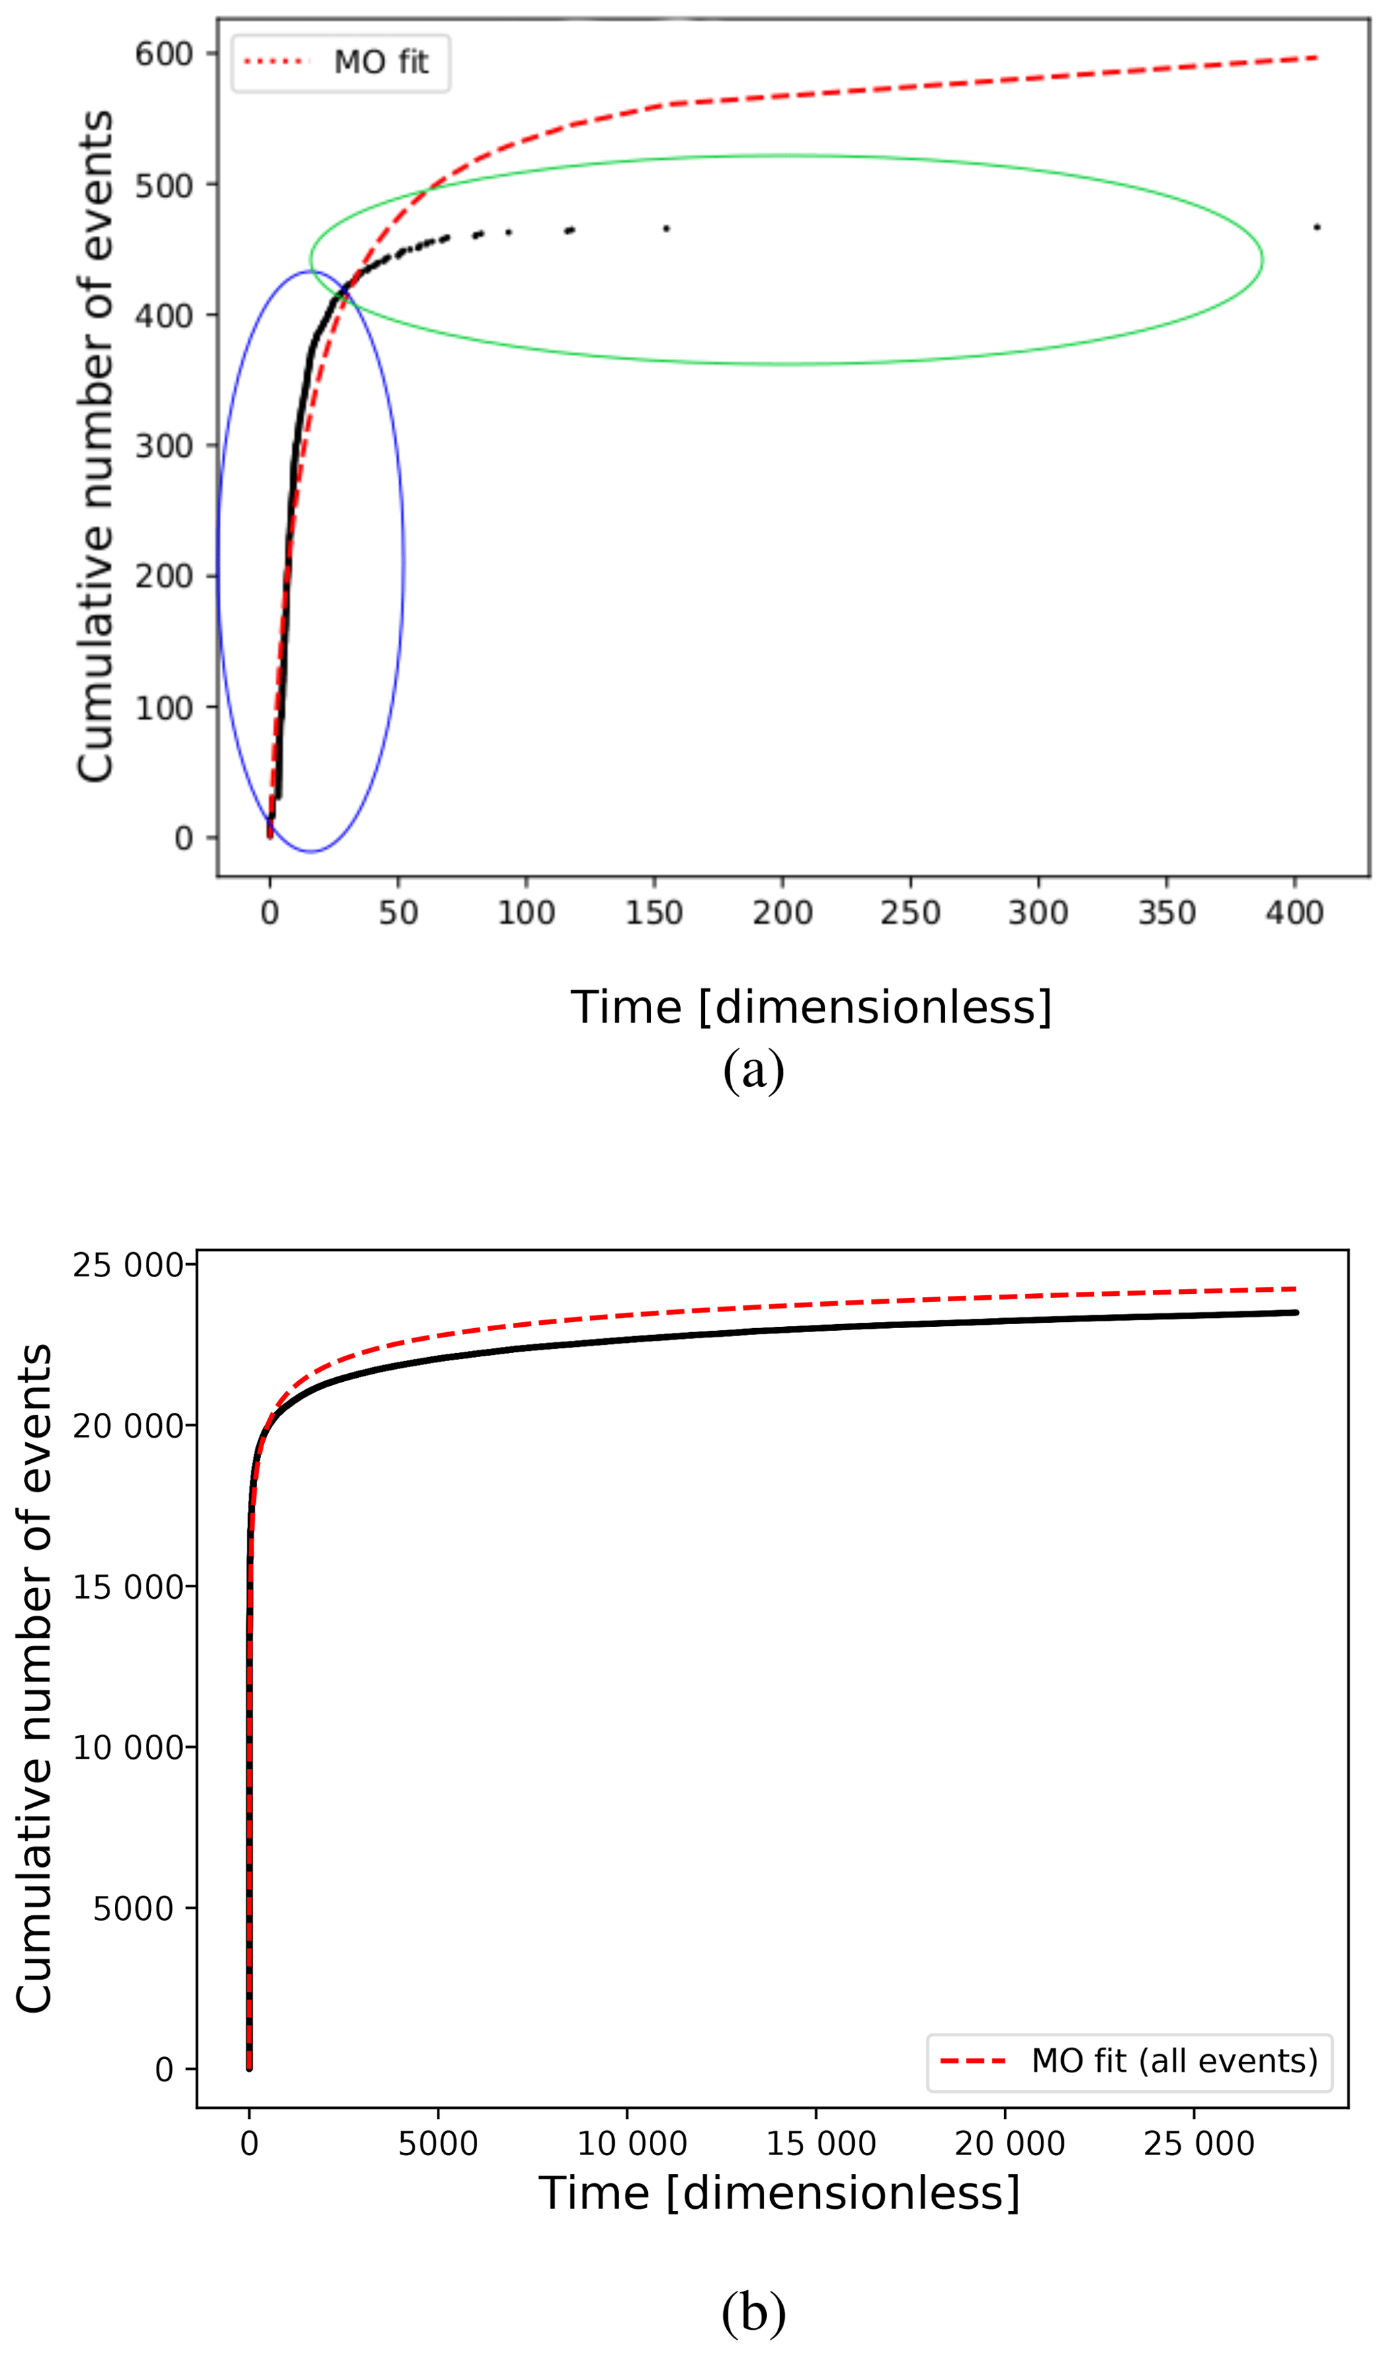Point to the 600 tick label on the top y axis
click(x=164, y=54)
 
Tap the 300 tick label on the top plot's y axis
click(x=164, y=445)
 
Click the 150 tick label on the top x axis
click(x=655, y=912)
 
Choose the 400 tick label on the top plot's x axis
click(x=1294, y=912)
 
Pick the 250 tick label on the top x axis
click(x=910, y=912)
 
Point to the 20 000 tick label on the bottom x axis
click(x=1010, y=2144)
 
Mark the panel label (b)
click(x=753, y=2311)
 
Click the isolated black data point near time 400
click(x=1317, y=227)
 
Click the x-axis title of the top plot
click(x=812, y=1008)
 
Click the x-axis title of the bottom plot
click(x=779, y=2194)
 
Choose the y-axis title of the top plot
click(x=95, y=445)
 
